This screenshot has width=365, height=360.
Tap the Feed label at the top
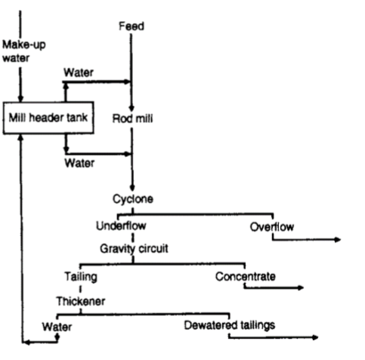click(132, 27)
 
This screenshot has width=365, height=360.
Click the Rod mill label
click(135, 118)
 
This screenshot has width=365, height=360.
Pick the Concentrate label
click(246, 277)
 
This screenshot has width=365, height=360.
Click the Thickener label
click(80, 301)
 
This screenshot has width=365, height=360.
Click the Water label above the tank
click(79, 73)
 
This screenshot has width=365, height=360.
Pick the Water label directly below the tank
click(79, 162)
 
